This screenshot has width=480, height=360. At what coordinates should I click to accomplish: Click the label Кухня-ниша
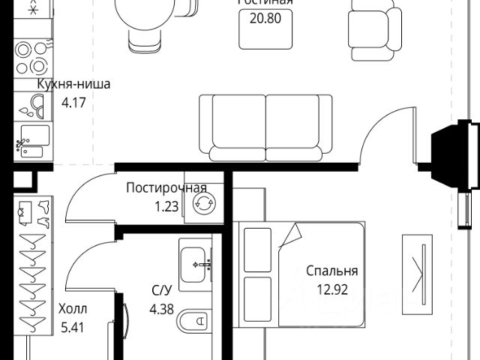pyautogui.click(x=73, y=84)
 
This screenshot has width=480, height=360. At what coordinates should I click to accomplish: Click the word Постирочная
pyautogui.click(x=166, y=187)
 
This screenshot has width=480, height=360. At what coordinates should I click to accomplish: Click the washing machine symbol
pyautogui.click(x=205, y=203)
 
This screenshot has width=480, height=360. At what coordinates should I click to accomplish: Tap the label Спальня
pyautogui.click(x=331, y=271)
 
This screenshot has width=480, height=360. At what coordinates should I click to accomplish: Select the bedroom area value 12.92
pyautogui.click(x=331, y=288)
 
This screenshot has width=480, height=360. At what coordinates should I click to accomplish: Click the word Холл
pyautogui.click(x=73, y=308)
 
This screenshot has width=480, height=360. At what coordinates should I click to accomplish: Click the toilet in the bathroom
pyautogui.click(x=195, y=323)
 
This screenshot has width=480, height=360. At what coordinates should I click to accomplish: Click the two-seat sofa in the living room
pyautogui.click(x=266, y=127)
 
